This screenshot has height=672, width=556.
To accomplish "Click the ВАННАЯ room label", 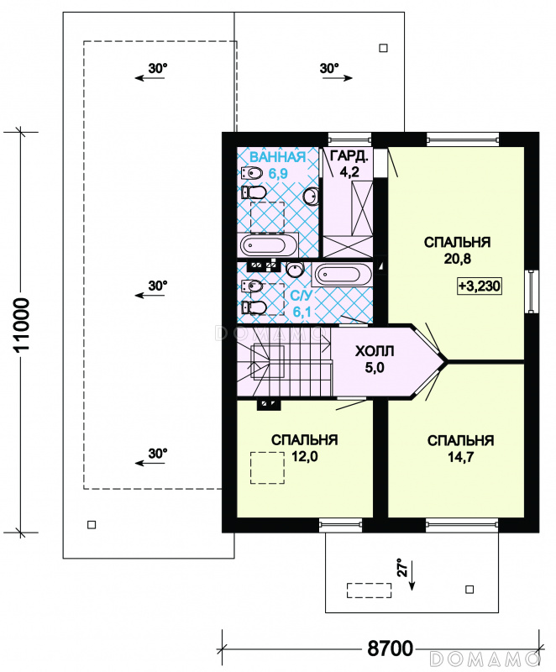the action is pyautogui.click(x=277, y=157).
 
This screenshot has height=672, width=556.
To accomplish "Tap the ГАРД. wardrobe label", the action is pyautogui.click(x=349, y=156).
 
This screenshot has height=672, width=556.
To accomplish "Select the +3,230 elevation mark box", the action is pyautogui.click(x=480, y=286).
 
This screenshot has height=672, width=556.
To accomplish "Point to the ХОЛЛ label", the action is pyautogui.click(x=375, y=351).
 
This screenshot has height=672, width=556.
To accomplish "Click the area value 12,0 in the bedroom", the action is pyautogui.click(x=305, y=456).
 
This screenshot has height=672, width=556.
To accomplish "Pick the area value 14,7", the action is pyautogui.click(x=461, y=457).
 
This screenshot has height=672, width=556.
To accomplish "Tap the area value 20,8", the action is pyautogui.click(x=458, y=259).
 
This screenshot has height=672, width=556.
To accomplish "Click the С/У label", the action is pyautogui.click(x=302, y=296).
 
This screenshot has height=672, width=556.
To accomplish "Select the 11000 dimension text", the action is pyautogui.click(x=22, y=325).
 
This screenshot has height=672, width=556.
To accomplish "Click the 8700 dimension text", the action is pyautogui.click(x=391, y=648).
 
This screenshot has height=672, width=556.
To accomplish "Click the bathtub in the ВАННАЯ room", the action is pyautogui.click(x=269, y=245).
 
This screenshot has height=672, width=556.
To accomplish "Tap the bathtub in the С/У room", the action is pyautogui.click(x=343, y=275).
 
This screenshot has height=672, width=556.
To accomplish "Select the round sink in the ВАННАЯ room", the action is pyautogui.click(x=312, y=197).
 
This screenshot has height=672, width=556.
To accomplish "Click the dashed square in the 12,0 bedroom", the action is pyautogui.click(x=267, y=468).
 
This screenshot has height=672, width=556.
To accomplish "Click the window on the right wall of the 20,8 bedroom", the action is pyautogui.click(x=531, y=291).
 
